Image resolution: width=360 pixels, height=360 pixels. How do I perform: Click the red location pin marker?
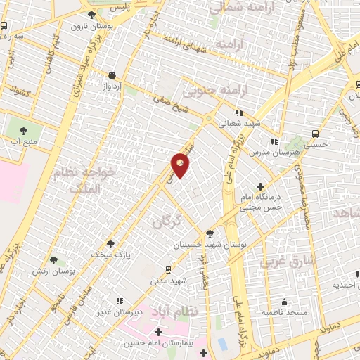pyautogui.click(x=181, y=165)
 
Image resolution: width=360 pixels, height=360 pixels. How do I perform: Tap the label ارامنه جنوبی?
pyautogui.click(x=212, y=91)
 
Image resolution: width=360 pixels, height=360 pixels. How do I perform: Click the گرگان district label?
pyautogui.click(x=167, y=221)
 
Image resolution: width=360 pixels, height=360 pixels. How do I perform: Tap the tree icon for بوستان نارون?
pyautogui.click(x=91, y=15)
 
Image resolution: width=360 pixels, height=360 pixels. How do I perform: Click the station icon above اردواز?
pyautogui.click(x=112, y=75)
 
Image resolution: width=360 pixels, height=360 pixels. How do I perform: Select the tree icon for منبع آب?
pyautogui.click(x=24, y=129)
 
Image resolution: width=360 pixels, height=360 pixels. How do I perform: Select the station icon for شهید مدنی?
pyautogui.click(x=167, y=269)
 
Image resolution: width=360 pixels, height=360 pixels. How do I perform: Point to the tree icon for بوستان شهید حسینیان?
pyautogui.click(x=210, y=233)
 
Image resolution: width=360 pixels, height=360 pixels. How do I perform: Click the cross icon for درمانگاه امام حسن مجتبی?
pyautogui.click(x=261, y=186)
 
